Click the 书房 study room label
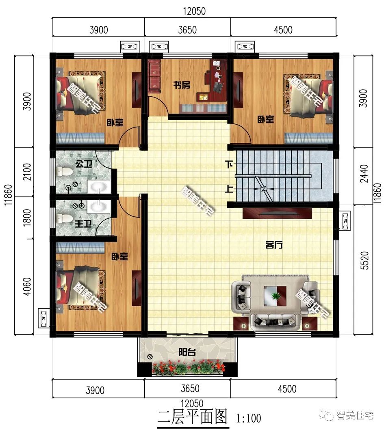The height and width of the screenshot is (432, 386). pos(182,85)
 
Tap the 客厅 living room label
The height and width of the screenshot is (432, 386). pos(274,245)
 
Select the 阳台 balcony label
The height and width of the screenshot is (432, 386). pos(187,352)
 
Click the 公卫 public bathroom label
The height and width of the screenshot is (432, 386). pos(82,165)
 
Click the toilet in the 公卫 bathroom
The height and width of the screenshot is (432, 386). pos(64,172)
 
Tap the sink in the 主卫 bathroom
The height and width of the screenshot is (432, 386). pos(98,206)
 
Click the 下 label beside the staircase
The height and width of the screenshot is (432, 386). pos(230,165)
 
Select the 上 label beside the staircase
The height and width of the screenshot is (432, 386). pos(230,188)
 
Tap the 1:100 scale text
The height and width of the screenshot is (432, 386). pos(248,418)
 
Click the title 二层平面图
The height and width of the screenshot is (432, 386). pos(192,417)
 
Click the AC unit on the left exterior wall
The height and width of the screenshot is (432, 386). pos(43,318)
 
